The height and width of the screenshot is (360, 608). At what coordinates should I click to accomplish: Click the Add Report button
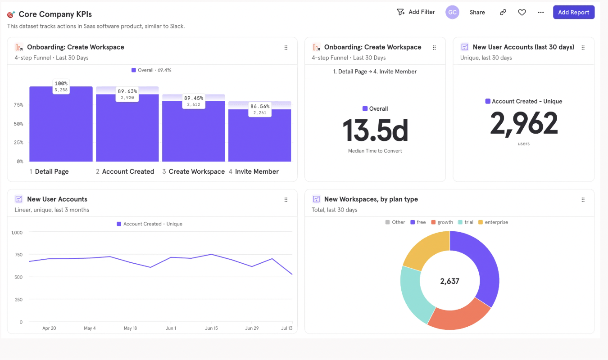click(573, 12)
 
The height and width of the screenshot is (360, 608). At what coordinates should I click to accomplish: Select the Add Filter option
click(416, 12)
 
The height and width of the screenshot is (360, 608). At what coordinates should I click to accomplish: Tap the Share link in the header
click(477, 12)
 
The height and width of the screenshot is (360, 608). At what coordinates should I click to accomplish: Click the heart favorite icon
click(522, 12)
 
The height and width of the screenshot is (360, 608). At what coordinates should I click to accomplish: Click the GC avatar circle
click(452, 12)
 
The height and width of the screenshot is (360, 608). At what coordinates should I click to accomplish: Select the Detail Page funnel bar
click(61, 126)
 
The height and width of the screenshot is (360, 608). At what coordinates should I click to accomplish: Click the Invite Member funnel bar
click(259, 135)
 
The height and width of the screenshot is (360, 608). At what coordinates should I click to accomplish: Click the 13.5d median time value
click(375, 130)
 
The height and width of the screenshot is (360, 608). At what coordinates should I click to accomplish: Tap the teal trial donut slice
click(413, 292)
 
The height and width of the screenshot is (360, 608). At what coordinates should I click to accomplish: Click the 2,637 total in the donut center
click(449, 281)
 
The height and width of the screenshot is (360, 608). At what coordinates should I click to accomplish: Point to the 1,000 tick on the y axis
click(17, 233)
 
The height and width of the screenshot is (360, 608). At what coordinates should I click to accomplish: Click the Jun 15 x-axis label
click(211, 328)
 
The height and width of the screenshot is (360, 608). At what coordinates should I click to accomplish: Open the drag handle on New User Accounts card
click(286, 199)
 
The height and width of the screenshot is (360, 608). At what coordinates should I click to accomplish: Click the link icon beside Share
click(503, 12)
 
